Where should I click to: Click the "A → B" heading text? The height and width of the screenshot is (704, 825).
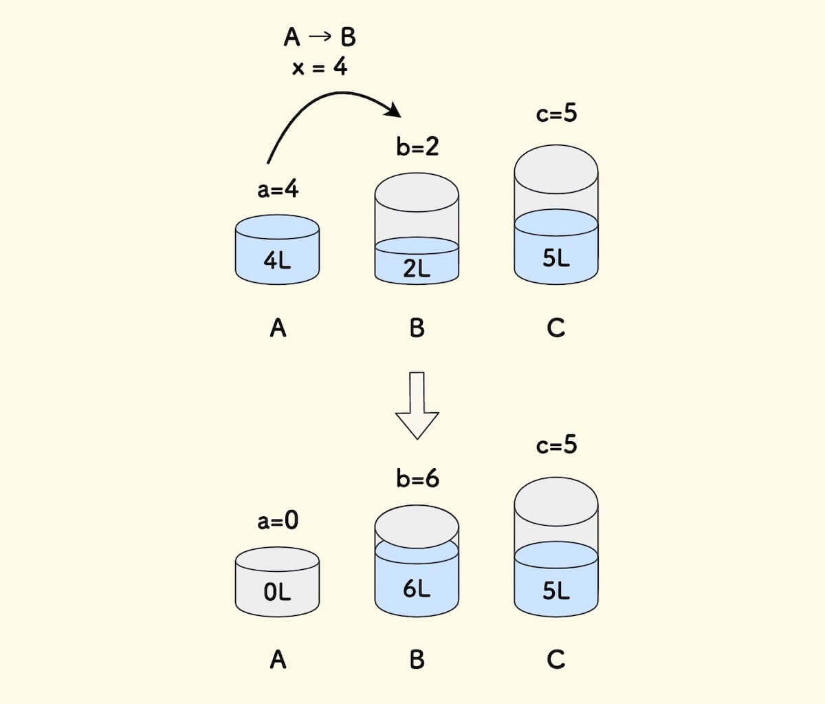[320, 36]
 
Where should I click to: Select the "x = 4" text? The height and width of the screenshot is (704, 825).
[320, 68]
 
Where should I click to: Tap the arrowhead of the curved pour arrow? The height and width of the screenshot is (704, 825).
[394, 110]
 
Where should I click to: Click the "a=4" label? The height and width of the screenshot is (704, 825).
[278, 189]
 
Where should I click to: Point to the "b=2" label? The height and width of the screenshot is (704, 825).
[417, 147]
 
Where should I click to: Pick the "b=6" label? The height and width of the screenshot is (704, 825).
[417, 478]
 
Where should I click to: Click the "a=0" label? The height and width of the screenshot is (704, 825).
[278, 520]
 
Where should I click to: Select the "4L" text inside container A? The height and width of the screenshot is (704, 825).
[277, 260]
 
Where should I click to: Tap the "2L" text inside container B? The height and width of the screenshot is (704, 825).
[417, 269]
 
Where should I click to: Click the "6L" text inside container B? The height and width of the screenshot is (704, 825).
[417, 589]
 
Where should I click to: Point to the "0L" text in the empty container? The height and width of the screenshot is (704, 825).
[277, 592]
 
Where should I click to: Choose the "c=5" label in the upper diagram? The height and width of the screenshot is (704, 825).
[556, 113]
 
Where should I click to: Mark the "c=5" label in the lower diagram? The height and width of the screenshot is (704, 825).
[556, 445]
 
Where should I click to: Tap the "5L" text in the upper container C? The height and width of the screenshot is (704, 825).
[555, 259]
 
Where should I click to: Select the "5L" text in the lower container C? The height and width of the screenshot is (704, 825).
[555, 590]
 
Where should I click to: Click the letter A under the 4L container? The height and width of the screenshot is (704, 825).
[278, 328]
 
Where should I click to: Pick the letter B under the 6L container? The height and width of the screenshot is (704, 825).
[417, 660]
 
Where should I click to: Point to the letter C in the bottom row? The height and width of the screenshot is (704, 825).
[555, 660]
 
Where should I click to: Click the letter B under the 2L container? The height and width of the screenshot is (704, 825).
[417, 328]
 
